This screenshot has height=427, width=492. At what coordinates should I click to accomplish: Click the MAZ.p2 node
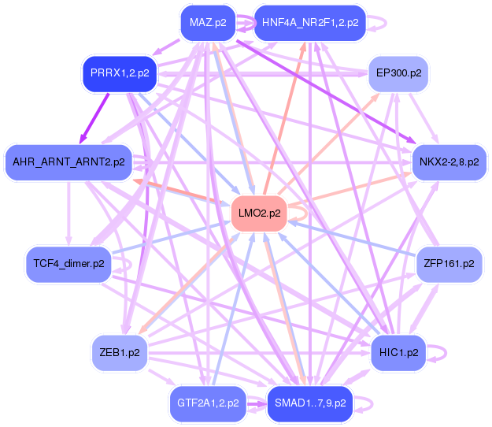(208, 23)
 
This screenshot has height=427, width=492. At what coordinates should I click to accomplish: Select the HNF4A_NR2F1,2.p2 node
(310, 23)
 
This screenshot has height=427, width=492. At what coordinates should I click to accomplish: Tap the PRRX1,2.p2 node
(120, 74)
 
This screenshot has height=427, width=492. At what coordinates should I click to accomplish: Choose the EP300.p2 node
(398, 74)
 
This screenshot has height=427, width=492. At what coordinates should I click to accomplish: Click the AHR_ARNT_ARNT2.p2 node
(68, 162)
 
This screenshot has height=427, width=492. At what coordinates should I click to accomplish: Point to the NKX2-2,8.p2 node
(449, 162)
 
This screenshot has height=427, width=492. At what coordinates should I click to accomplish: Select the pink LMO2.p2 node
(259, 213)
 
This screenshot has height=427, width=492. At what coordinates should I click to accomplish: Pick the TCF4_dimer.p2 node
(68, 265)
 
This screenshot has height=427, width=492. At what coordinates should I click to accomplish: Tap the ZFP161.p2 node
(449, 265)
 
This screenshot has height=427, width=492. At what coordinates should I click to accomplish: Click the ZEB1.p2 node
(120, 353)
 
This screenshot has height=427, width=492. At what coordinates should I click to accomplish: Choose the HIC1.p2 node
(398, 353)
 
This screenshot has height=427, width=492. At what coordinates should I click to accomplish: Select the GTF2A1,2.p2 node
(208, 404)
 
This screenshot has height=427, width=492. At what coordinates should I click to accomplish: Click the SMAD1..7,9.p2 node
(310, 404)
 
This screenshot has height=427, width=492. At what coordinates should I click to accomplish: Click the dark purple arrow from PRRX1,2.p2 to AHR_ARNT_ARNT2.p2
(94, 118)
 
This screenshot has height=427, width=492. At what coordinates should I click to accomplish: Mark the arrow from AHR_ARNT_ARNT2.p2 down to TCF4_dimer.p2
(68, 213)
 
